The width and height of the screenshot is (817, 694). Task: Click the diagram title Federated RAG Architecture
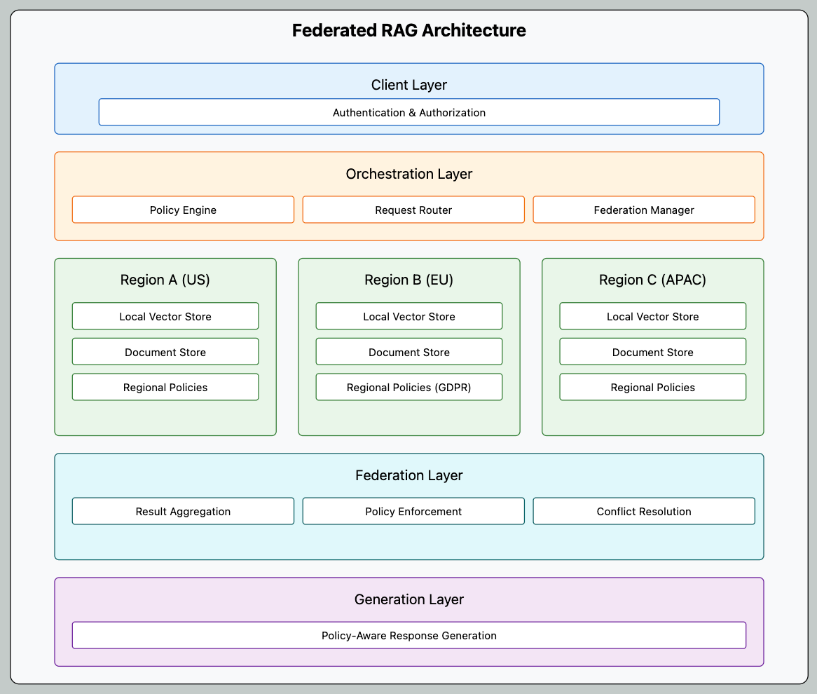(x=408, y=31)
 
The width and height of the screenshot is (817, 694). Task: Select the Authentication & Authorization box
(x=408, y=112)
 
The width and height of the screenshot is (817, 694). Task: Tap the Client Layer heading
(x=408, y=85)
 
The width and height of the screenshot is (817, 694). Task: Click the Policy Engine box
(x=183, y=210)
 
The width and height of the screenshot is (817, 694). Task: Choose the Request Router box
(x=413, y=210)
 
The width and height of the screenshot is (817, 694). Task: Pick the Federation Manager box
(x=643, y=210)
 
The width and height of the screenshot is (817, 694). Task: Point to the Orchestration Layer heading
(x=408, y=174)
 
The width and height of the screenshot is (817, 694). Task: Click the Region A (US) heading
(x=165, y=280)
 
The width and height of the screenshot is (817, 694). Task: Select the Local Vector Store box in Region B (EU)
(x=408, y=316)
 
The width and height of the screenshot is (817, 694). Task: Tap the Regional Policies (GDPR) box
(x=408, y=387)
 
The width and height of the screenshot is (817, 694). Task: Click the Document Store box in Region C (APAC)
(x=652, y=352)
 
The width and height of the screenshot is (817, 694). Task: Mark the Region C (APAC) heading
(x=652, y=280)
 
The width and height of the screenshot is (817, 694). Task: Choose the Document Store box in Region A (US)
(x=165, y=352)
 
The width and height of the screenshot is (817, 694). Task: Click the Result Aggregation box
(x=183, y=511)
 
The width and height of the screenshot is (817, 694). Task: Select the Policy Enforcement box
(x=413, y=511)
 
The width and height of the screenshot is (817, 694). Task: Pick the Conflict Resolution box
(x=643, y=511)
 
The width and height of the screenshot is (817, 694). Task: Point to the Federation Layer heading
(x=408, y=475)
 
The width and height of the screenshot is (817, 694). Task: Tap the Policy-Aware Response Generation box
(x=408, y=635)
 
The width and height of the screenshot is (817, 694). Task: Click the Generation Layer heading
(x=408, y=599)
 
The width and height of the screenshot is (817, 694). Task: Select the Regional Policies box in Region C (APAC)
(x=652, y=387)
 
